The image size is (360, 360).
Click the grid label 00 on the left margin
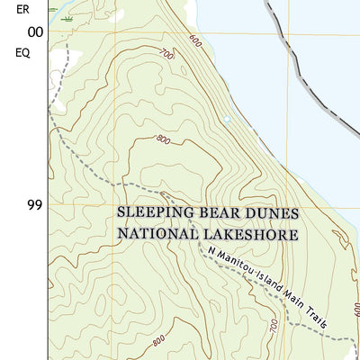coord(35,32)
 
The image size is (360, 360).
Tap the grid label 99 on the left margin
coord(35,205)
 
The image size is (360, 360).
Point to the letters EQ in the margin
coord(23,52)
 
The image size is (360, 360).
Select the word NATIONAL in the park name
coord(157,234)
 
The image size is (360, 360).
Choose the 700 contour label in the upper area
coord(165,55)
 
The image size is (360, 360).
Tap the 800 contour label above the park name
coord(162,139)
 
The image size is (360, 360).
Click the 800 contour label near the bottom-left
coord(158,340)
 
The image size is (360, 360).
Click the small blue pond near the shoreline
coord(226,118)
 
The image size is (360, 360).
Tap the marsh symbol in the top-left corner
coord(68,16)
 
